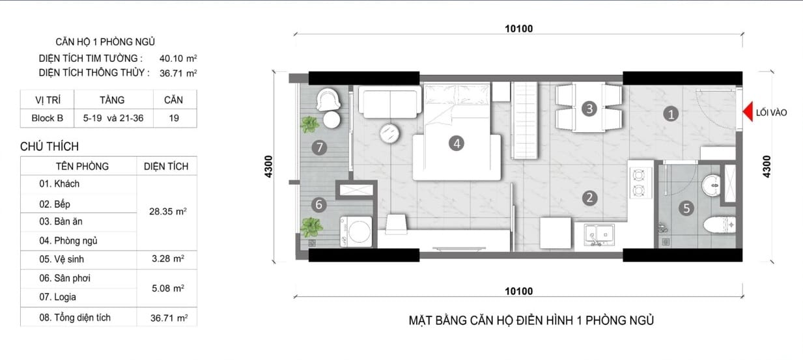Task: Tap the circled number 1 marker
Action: click(671, 114)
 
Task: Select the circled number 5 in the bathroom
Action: click(686, 208)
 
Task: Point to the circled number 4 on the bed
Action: click(457, 144)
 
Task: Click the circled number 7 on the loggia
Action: click(319, 147)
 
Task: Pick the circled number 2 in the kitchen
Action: click(589, 198)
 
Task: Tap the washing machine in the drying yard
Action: click(356, 232)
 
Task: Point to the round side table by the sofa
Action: click(389, 133)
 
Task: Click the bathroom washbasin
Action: click(711, 185)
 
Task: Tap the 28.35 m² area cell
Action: click(168, 212)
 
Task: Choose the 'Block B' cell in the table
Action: click(48, 118)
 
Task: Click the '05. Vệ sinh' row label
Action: click(61, 258)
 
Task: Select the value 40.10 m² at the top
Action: click(178, 58)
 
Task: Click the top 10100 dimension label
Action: click(518, 29)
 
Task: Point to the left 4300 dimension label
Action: click(268, 167)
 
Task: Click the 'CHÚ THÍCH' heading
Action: click(49, 146)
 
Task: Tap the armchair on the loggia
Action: click(328, 99)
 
